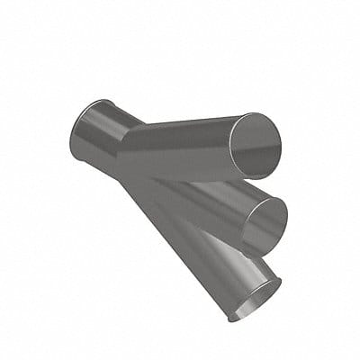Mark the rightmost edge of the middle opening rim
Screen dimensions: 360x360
tap(288, 212)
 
